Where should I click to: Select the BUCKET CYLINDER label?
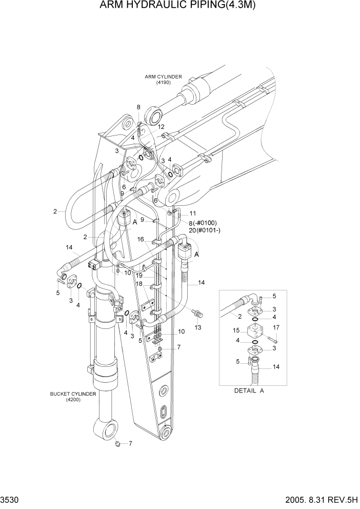pos(70,394)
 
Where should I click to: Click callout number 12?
pos(161,127)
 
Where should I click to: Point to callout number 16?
pos(140,239)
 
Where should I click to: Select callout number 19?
pos(139,276)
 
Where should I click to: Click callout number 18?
pos(139,284)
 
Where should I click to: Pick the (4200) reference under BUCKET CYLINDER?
pos(70,400)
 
